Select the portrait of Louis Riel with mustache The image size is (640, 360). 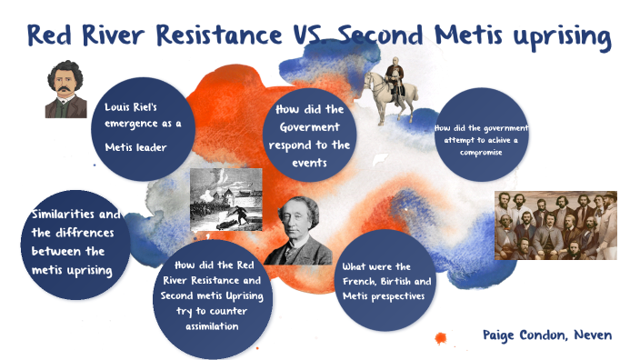[65, 90]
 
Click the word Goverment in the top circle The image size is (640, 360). [314, 127]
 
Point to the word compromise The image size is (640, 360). [482, 152]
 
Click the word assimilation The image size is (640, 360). [213, 325]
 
